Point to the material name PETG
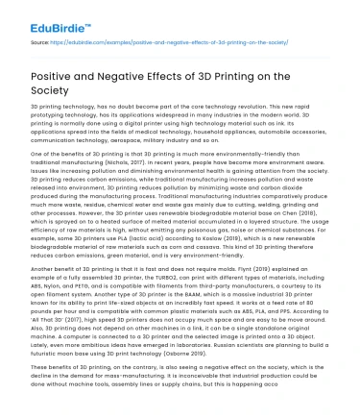click(82, 287)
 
